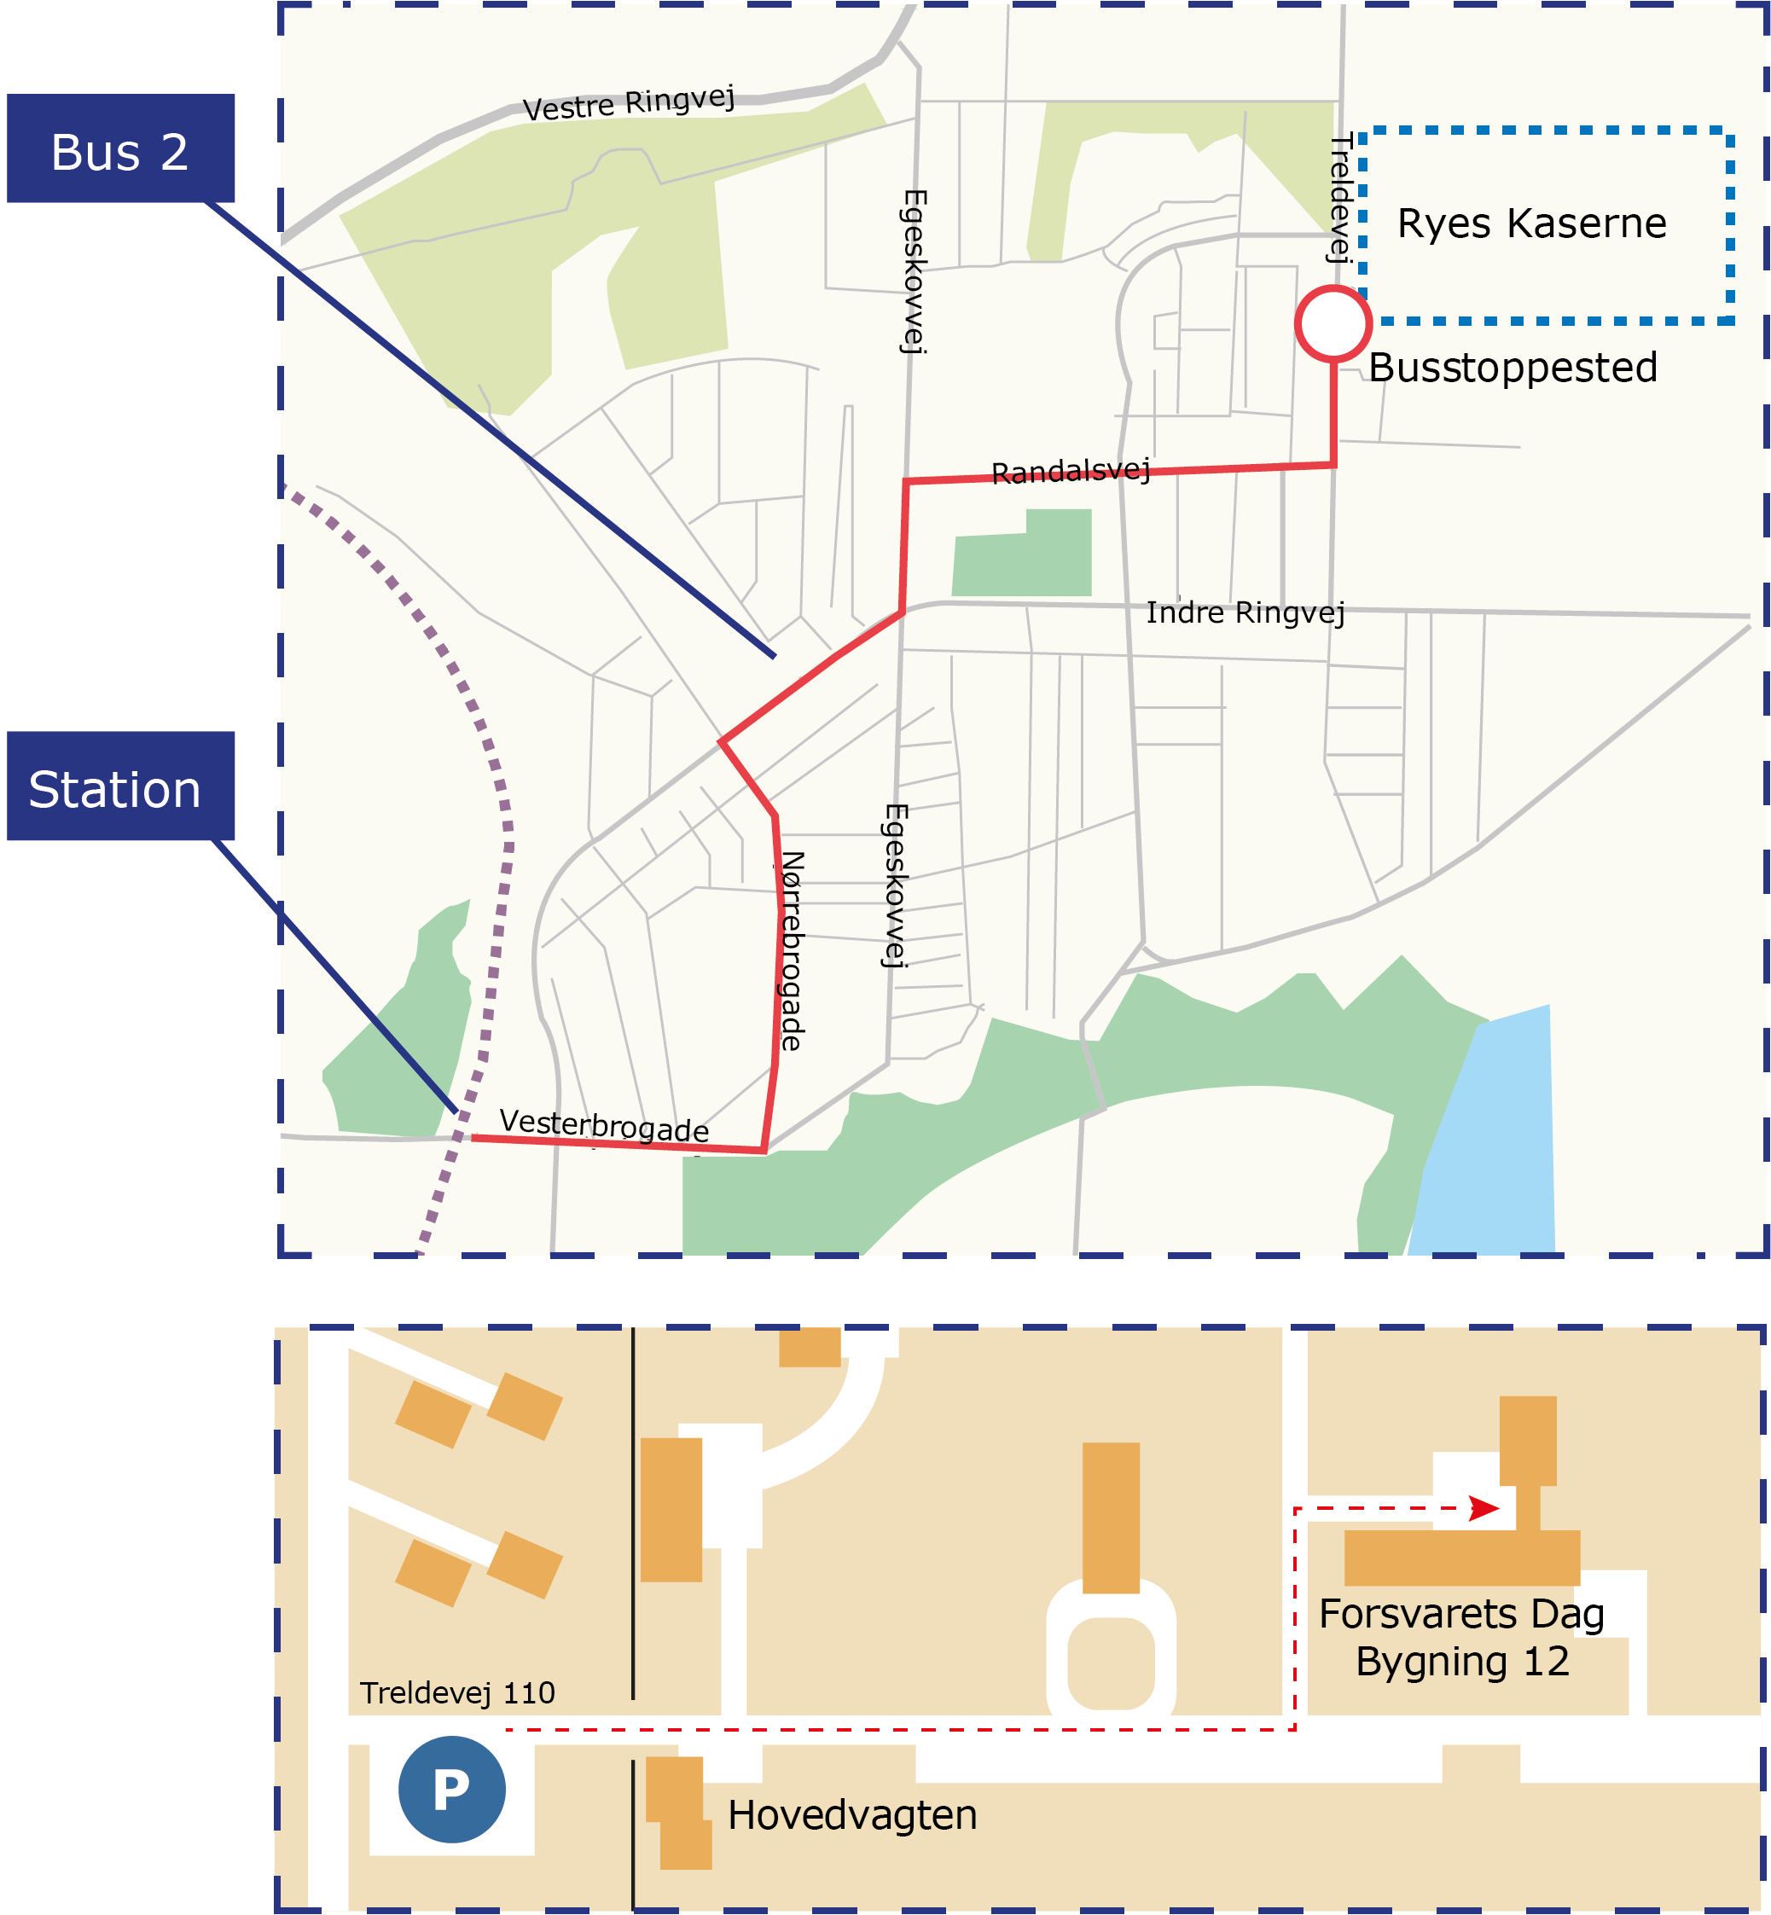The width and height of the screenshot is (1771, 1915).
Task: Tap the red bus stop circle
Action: [x=1333, y=324]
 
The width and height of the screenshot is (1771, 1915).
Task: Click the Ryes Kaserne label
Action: [x=1531, y=223]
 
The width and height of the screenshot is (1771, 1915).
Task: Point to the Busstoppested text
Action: [x=1513, y=367]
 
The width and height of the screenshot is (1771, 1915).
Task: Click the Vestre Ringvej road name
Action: [x=629, y=102]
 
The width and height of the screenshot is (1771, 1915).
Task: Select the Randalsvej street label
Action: [x=1071, y=472]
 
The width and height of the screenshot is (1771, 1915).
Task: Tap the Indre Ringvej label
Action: [x=1245, y=612]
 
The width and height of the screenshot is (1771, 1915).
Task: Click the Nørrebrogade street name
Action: [x=792, y=951]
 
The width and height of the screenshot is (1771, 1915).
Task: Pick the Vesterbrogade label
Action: [x=604, y=1125]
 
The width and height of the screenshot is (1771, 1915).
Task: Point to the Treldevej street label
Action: [x=1339, y=196]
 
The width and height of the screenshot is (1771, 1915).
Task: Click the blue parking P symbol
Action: [x=451, y=1789]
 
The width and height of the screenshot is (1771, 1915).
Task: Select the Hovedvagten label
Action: [x=852, y=1814]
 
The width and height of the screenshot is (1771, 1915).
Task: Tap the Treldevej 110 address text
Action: [x=457, y=1692]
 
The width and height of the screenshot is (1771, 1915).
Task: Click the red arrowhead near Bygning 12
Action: [x=1484, y=1509]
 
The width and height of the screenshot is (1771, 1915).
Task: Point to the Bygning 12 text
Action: [x=1461, y=1661]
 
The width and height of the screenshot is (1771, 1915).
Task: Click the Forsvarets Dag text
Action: [x=1460, y=1613]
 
